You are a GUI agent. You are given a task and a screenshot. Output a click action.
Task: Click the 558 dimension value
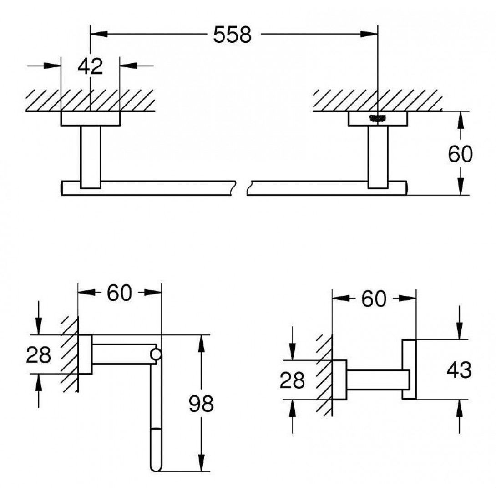point(232,35)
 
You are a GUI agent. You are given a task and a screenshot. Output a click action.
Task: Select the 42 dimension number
point(91,66)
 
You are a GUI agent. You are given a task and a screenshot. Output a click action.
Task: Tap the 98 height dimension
point(201,403)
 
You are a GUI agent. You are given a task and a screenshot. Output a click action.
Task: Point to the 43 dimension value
point(459,370)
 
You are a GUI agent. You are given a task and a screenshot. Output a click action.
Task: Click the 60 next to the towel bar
point(460,155)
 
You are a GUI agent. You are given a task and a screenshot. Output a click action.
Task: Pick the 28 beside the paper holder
point(38,355)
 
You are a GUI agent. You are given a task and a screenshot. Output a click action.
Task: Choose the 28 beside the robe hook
point(292,380)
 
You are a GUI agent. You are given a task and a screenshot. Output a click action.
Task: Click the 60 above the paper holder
point(119,294)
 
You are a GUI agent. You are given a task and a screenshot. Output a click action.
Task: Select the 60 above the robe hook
point(374,299)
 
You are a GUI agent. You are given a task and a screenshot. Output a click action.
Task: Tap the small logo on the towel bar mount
point(379,118)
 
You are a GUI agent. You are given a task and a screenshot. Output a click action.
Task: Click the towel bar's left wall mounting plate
point(91,119)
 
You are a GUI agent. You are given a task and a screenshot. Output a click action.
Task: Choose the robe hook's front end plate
point(409,369)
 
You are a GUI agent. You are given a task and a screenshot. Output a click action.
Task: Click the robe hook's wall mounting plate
point(339,380)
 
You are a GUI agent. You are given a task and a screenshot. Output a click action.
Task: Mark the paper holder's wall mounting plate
point(85,354)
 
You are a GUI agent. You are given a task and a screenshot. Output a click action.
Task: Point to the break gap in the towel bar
point(242,188)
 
